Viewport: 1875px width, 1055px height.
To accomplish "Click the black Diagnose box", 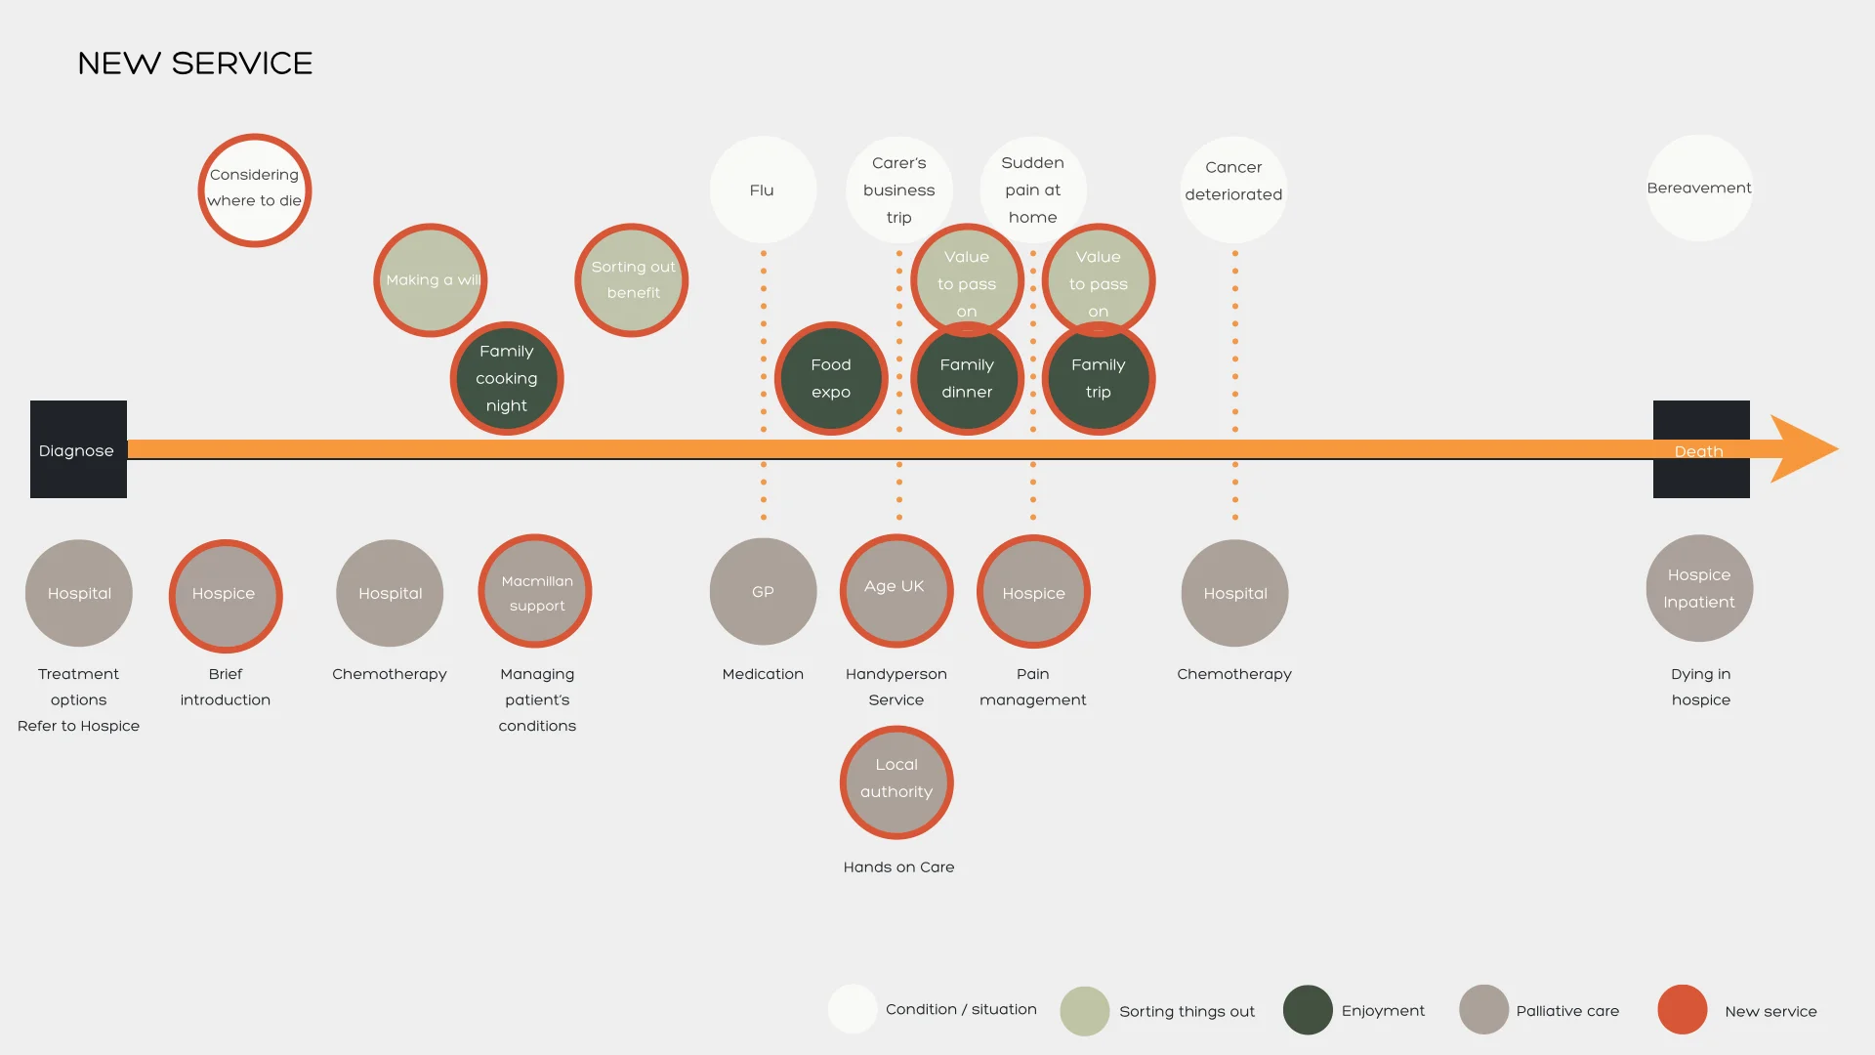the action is tap(78, 449).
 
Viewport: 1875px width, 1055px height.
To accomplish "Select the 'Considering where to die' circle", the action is tap(255, 190).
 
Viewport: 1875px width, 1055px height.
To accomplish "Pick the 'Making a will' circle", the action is tap(431, 280).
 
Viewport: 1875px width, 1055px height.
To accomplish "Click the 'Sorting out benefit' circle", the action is tap(632, 280).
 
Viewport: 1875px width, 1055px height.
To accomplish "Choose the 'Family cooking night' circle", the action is tap(507, 378).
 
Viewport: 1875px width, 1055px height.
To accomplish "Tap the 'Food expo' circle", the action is tap(831, 378).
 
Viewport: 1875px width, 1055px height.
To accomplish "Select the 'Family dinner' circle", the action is tap(967, 379).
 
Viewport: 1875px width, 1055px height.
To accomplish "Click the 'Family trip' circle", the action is tap(1099, 379).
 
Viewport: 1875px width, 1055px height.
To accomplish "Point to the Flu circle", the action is tap(763, 190).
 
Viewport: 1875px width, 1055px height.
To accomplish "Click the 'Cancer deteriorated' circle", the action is tap(1234, 190).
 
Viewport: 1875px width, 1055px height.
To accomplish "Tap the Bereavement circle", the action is tap(1699, 188).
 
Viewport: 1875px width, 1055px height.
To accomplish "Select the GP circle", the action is tap(763, 592).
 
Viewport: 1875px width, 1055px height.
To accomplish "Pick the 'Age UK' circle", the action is tap(896, 591).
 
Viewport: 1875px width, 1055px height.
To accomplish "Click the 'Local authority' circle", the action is tap(896, 782).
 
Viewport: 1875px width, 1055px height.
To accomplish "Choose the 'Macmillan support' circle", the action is tap(536, 591).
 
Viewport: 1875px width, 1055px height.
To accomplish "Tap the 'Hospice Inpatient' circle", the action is tap(1699, 588).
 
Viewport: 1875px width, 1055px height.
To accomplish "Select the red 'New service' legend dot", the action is tap(1682, 1010).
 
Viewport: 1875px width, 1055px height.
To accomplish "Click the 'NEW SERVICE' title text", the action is tap(195, 63).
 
